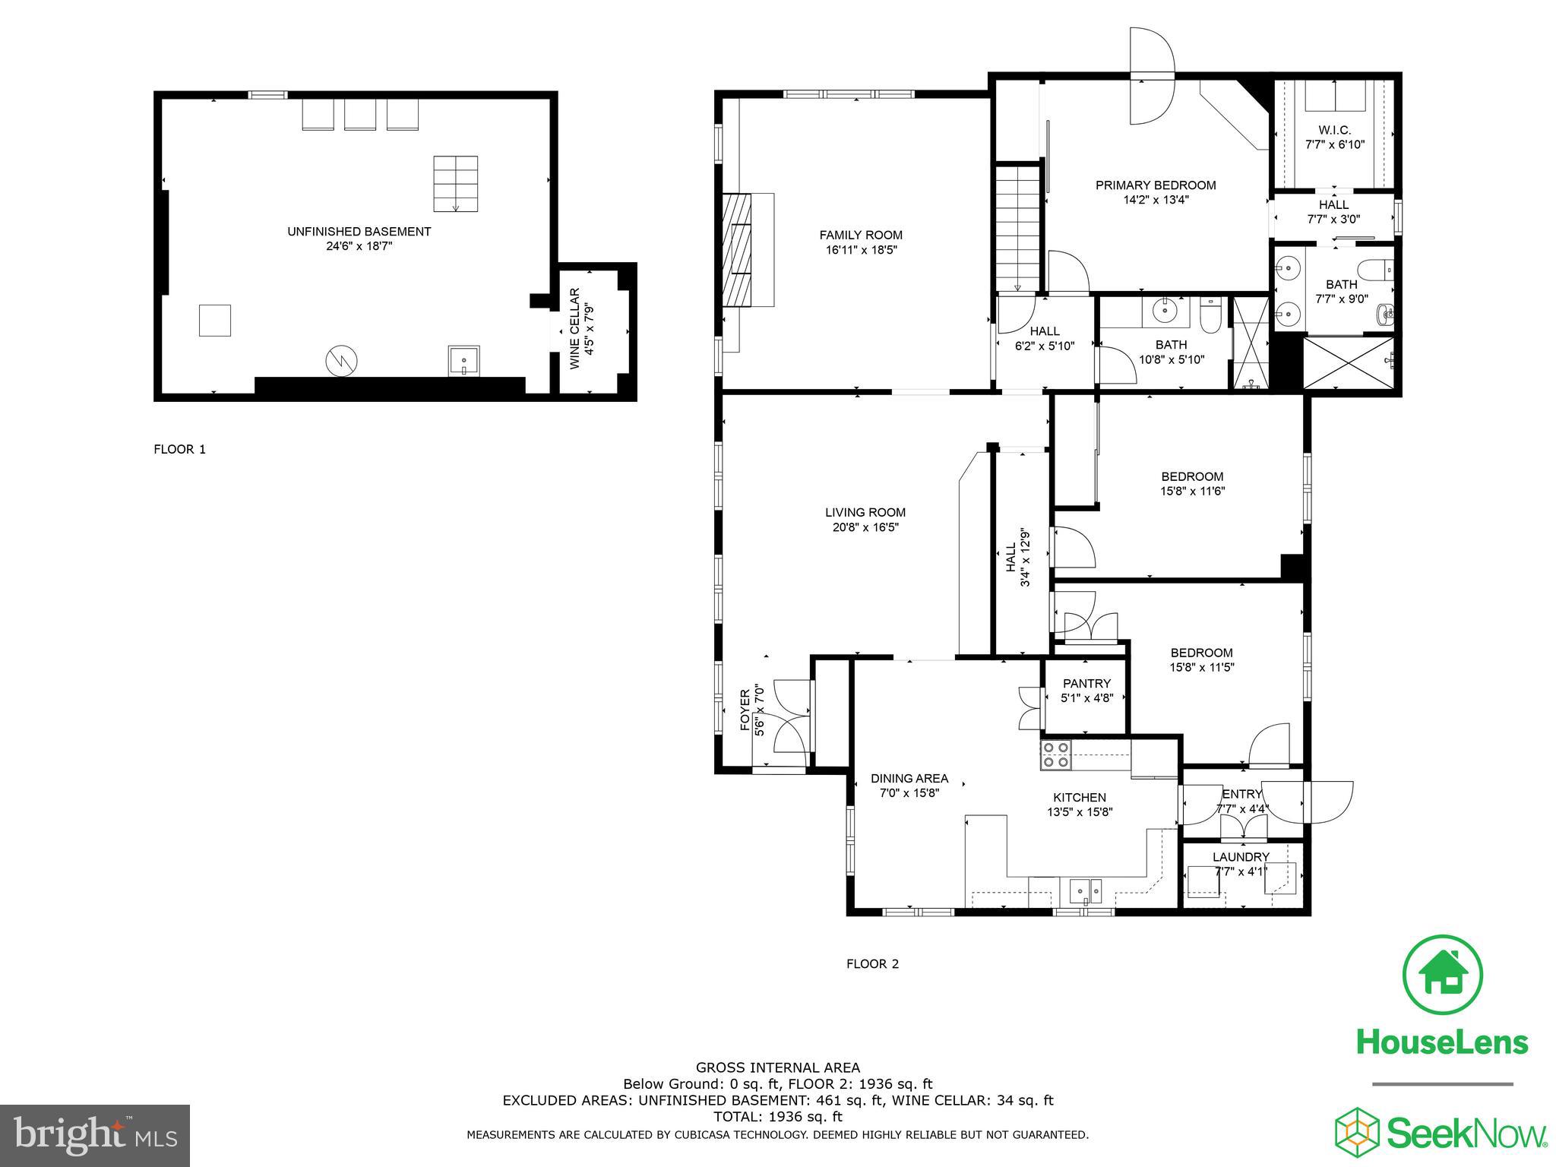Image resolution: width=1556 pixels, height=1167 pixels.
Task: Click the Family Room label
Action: click(x=861, y=235)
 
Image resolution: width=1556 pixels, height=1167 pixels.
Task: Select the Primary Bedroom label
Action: click(x=1156, y=185)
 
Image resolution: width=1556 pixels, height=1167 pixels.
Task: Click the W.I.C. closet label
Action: click(x=1334, y=130)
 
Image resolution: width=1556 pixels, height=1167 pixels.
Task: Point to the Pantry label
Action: click(x=1086, y=683)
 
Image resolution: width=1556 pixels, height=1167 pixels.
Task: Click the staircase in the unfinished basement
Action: click(x=456, y=184)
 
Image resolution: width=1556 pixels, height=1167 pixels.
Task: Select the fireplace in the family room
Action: click(x=736, y=249)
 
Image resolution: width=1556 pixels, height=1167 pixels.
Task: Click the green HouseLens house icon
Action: click(x=1442, y=976)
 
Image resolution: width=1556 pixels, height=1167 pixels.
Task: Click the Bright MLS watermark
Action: click(x=95, y=1136)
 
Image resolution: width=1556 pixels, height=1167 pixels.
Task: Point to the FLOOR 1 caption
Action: click(x=180, y=449)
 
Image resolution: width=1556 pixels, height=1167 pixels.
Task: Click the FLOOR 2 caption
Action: click(x=872, y=964)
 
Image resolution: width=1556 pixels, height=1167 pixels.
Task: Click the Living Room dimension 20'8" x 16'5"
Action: click(x=865, y=527)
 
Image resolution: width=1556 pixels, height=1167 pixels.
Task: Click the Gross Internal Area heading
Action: click(x=778, y=1067)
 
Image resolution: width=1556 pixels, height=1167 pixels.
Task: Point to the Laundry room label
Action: click(x=1240, y=856)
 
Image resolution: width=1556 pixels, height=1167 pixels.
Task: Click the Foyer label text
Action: click(x=745, y=710)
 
